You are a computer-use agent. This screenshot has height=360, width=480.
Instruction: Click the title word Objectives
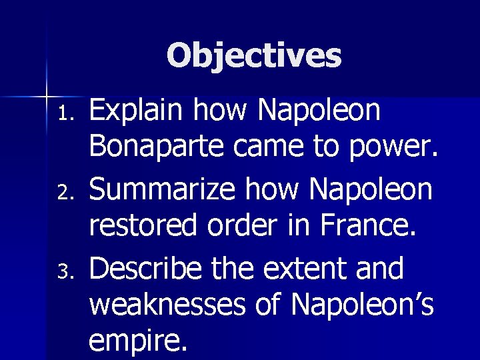[x=254, y=56]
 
